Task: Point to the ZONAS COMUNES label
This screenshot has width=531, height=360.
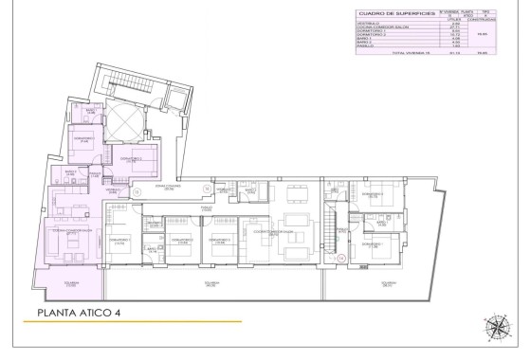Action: click(x=169, y=188)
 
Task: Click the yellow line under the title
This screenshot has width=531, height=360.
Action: click(x=138, y=323)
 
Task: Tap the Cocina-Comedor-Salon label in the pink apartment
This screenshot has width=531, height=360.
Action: click(x=71, y=231)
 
